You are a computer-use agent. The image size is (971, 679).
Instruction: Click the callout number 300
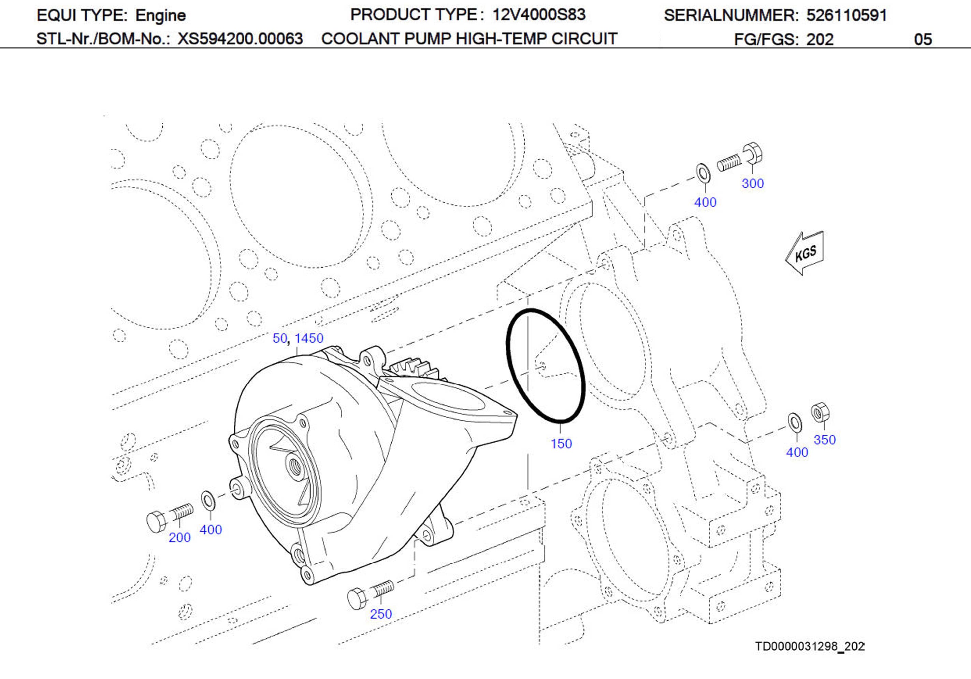752,184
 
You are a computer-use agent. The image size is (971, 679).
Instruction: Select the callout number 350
824,439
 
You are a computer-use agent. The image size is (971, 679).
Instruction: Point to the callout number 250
381,613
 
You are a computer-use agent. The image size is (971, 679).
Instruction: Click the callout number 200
179,537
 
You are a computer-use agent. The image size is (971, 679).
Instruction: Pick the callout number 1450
309,338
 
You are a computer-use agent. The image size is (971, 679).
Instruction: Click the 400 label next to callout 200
211,529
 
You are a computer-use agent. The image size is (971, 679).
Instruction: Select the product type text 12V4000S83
538,15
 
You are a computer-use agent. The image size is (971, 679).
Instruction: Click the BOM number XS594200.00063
240,39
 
